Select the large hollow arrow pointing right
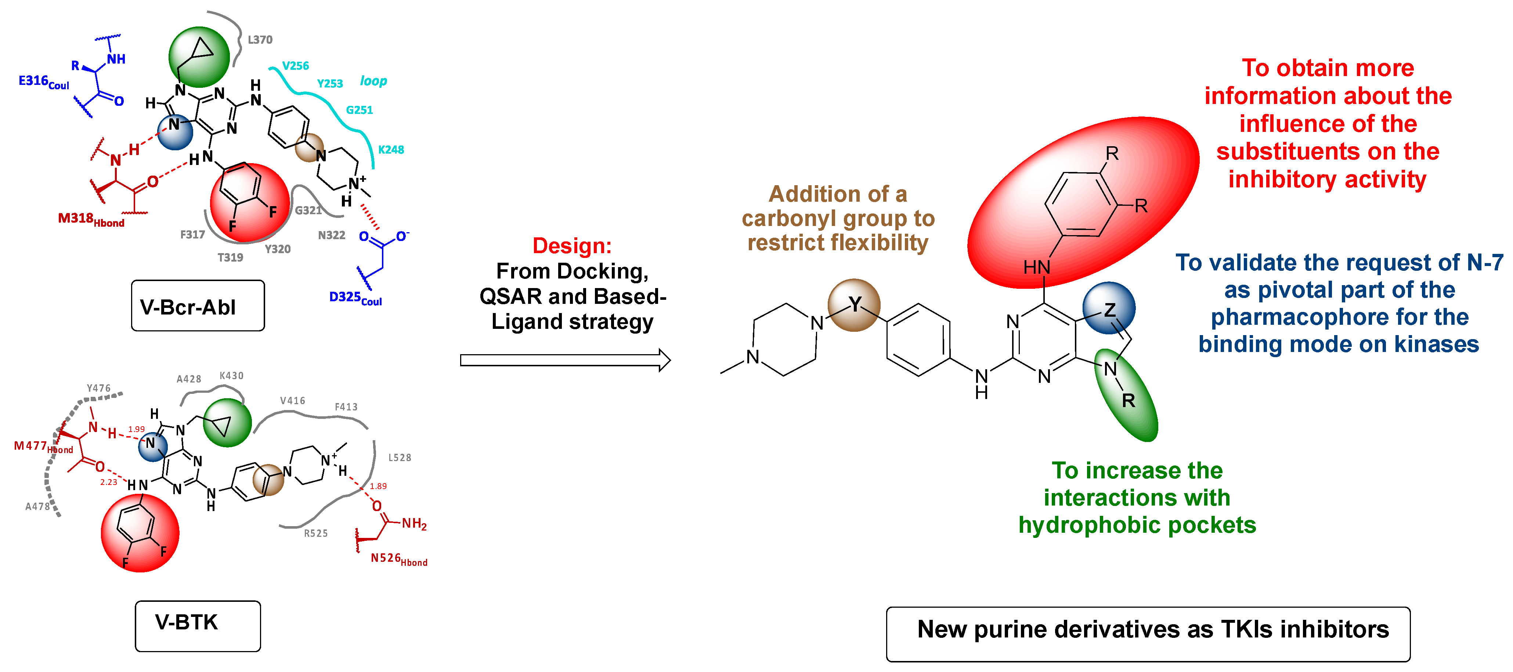pos(565,360)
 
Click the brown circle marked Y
pos(853,305)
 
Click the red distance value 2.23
pos(109,482)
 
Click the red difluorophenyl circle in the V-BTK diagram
pos(140,533)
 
